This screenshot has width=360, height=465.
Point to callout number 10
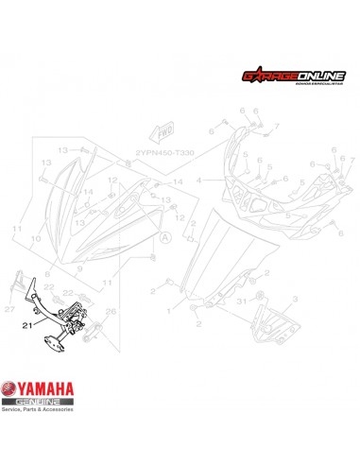pyautogui.click(x=37, y=239)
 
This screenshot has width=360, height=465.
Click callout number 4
pyautogui.click(x=199, y=178)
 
